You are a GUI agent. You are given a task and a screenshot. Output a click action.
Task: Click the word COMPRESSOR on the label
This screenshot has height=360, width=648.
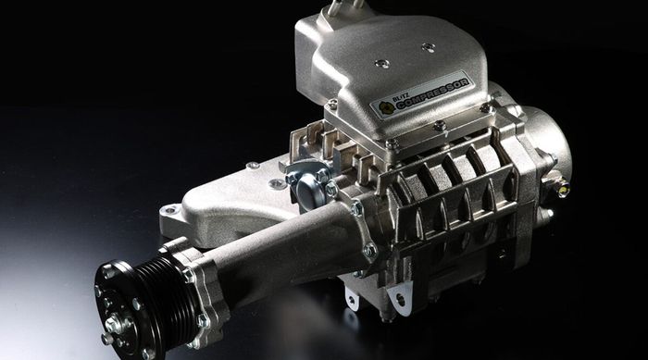(432, 93)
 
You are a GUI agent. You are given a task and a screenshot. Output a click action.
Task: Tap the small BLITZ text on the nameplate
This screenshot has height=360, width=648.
(400, 98)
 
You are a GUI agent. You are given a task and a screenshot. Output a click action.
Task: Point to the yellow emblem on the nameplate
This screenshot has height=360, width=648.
(386, 108)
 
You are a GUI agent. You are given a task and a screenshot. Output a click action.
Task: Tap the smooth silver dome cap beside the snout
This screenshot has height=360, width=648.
(306, 190)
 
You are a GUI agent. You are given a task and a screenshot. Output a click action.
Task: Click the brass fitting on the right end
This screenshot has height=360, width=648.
(563, 191)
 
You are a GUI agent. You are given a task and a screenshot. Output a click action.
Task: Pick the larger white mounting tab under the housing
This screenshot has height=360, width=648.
(399, 297)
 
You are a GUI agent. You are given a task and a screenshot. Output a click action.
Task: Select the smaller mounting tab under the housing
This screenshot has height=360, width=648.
(351, 299)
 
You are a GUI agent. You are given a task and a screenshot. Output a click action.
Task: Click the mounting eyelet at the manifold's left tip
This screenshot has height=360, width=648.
(168, 211)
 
